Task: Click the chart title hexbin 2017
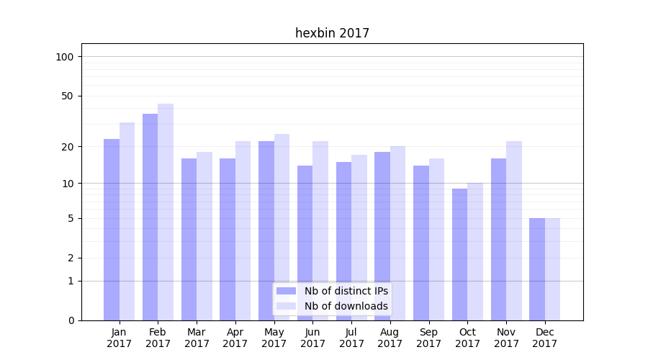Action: (x=332, y=33)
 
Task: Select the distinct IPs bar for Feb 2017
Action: (x=150, y=217)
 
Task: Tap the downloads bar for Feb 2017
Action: (x=166, y=212)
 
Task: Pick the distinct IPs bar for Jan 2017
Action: (x=112, y=230)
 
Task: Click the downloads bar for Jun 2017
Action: (x=320, y=230)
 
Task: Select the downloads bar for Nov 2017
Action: (x=514, y=230)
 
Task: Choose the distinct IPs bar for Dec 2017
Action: (x=537, y=269)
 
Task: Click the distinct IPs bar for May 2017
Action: (x=266, y=230)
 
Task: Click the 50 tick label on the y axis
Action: (x=67, y=96)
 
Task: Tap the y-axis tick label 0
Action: (x=71, y=320)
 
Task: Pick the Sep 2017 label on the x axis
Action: (x=428, y=338)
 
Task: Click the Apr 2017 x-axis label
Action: (x=235, y=338)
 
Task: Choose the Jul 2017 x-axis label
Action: (x=351, y=338)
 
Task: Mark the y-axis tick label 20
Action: (x=67, y=147)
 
